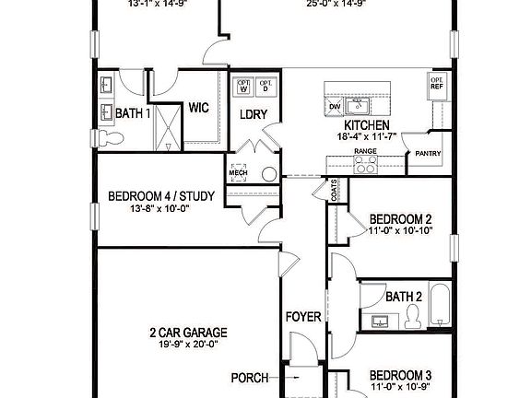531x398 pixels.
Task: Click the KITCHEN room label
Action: (x=365, y=125)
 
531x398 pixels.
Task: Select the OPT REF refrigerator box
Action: (x=436, y=87)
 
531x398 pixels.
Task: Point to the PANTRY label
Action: (x=428, y=154)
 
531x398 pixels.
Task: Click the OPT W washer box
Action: (x=244, y=87)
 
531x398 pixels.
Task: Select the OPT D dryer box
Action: (x=265, y=87)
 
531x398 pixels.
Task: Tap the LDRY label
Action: (x=253, y=114)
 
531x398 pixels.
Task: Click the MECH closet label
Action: (x=238, y=171)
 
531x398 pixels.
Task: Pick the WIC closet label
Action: (x=199, y=108)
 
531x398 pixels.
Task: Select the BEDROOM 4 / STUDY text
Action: (x=154, y=195)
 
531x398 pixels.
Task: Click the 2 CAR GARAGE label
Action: (x=189, y=332)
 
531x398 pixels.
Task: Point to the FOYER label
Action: (x=303, y=317)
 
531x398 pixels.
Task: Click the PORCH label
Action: (x=250, y=378)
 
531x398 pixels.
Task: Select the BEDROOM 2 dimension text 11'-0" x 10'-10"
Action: (x=401, y=231)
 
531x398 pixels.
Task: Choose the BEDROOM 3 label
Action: (x=401, y=375)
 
